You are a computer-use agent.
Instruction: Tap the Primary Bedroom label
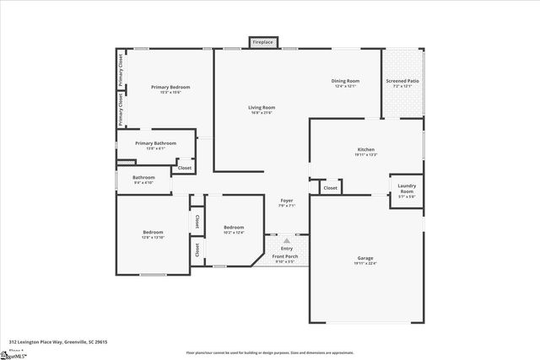[x=170, y=87]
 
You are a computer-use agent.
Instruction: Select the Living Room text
[x=262, y=107]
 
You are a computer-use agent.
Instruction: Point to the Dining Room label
[x=345, y=81]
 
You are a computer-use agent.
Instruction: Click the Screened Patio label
[x=402, y=81]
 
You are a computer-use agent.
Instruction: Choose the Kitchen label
[x=365, y=149]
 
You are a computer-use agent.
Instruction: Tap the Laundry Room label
[x=407, y=189]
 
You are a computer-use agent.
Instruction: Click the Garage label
[x=365, y=258]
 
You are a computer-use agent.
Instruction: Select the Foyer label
[x=287, y=200]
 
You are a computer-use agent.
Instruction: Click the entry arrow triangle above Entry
[x=287, y=240]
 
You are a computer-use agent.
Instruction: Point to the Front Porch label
[x=287, y=256]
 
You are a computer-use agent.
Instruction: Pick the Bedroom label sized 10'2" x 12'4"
[x=234, y=227]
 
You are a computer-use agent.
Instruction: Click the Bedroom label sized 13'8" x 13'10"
[x=152, y=232]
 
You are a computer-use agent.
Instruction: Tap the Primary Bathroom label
[x=155, y=143]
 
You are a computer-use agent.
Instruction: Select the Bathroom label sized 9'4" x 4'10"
[x=143, y=177]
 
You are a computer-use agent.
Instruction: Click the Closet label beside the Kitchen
[x=331, y=188]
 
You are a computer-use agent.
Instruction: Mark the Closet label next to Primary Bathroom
[x=184, y=168]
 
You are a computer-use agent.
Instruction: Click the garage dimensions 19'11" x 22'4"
[x=365, y=264]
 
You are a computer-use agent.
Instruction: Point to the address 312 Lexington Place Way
[x=58, y=342]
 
